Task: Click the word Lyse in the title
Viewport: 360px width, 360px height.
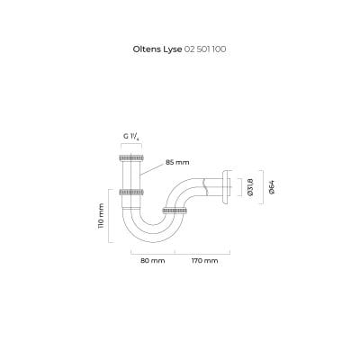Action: point(171,49)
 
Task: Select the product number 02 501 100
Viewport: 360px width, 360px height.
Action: point(205,49)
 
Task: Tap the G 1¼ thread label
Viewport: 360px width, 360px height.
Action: point(131,137)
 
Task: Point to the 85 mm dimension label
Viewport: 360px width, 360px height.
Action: point(177,162)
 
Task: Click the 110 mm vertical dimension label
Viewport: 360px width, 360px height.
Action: point(101,216)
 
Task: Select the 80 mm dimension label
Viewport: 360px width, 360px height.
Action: point(153,261)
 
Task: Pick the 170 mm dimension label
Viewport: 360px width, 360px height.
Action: point(205,261)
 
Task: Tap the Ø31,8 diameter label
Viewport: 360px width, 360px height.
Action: point(251,187)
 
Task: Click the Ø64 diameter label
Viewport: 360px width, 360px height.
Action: point(272,187)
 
